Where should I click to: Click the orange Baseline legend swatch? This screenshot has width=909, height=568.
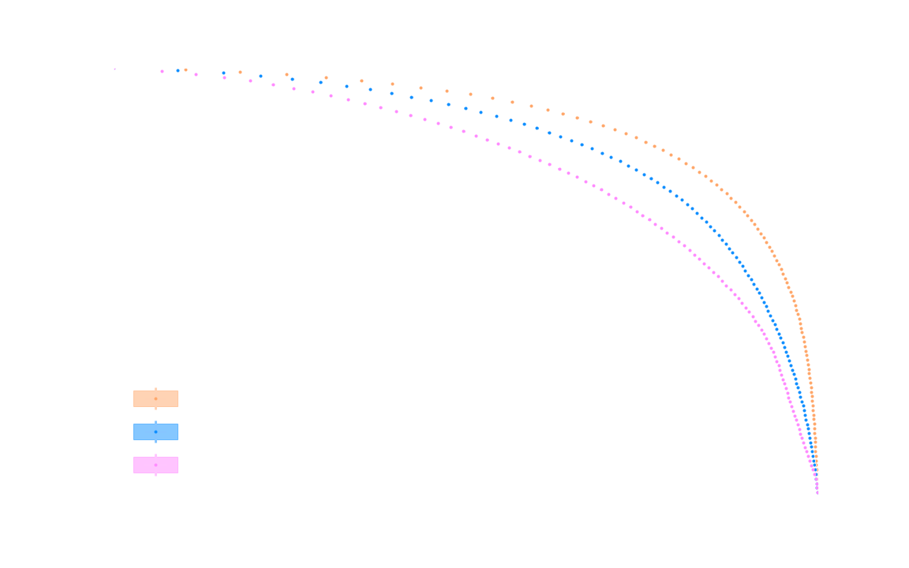155,398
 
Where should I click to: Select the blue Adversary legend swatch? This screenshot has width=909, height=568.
155,432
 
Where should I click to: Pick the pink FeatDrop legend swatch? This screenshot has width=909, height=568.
155,465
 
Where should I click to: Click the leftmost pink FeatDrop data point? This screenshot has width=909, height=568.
162,71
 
